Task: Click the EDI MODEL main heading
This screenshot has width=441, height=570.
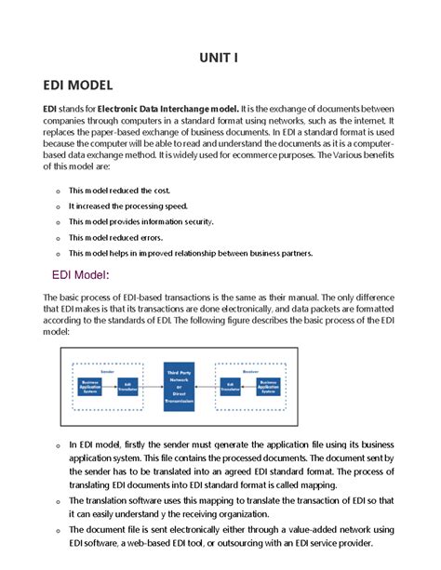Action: (78, 86)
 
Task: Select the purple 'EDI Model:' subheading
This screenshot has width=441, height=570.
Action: (83, 274)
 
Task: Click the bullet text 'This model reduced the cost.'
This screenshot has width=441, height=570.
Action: (119, 190)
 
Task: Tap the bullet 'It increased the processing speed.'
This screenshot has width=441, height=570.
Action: (128, 205)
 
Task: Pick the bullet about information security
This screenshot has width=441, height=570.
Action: (140, 221)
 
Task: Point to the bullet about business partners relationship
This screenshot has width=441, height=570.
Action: (190, 253)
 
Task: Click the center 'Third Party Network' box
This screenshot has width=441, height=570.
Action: (182, 386)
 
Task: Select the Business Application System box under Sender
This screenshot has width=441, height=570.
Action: (90, 386)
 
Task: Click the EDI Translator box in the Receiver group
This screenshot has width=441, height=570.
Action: (229, 386)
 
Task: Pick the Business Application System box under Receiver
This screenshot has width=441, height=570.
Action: (268, 386)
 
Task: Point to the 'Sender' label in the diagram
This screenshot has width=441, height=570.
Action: (107, 369)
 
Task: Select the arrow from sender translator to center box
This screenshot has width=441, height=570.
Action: (153, 386)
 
